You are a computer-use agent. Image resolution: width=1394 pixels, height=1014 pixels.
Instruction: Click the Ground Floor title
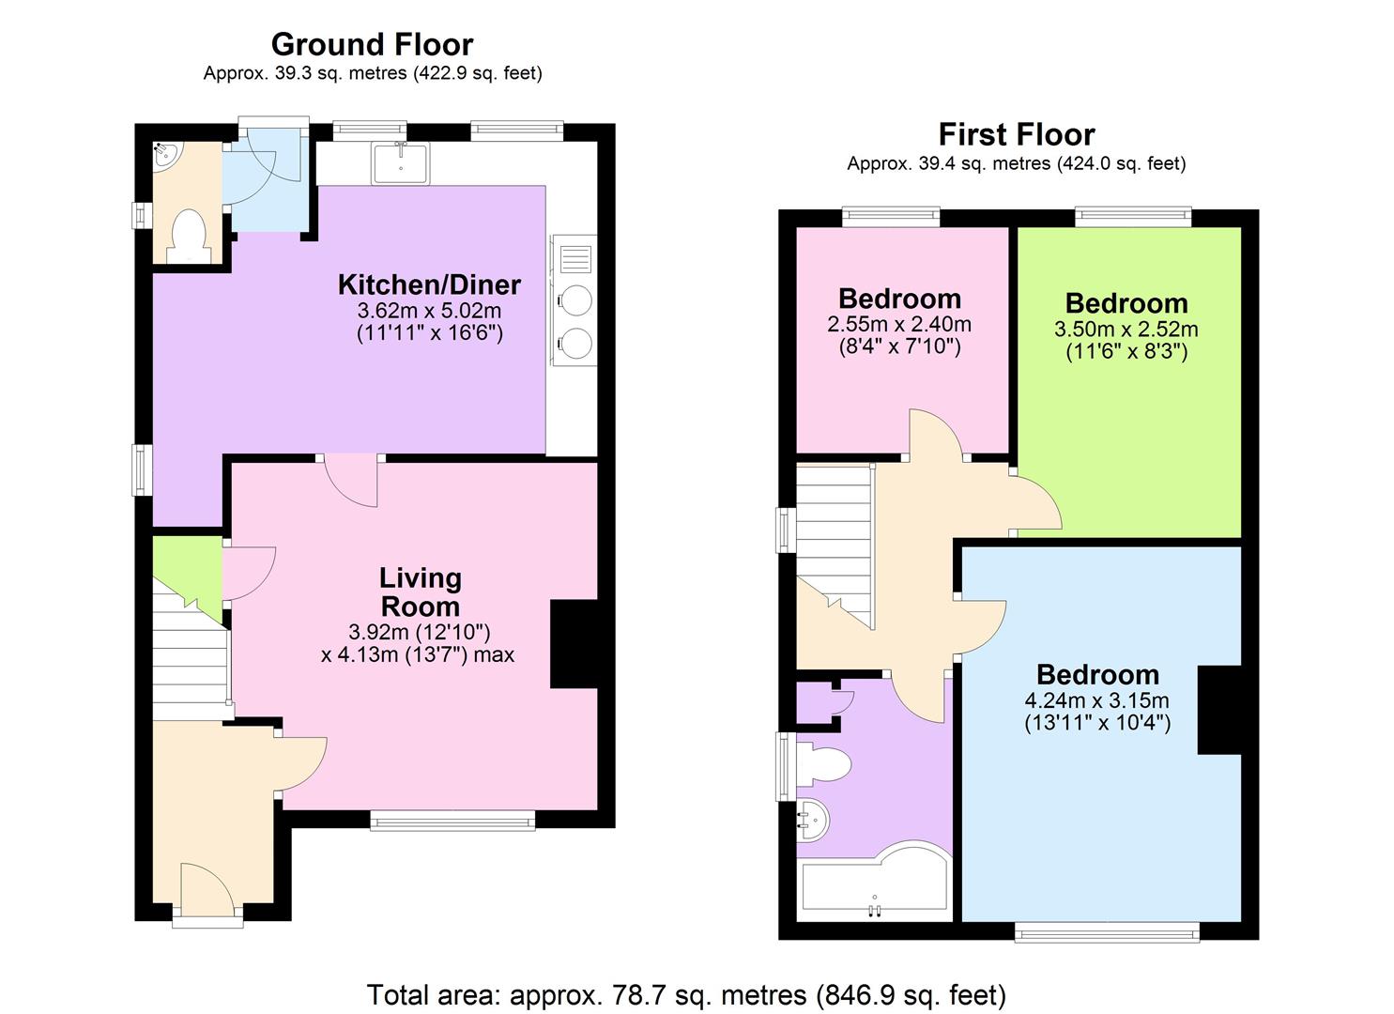(x=372, y=45)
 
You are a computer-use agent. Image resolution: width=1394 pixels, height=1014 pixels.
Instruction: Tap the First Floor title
(x=1017, y=135)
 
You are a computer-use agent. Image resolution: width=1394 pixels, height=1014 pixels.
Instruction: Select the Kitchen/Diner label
(x=429, y=284)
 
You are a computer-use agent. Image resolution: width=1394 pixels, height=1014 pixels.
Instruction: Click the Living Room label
(x=421, y=591)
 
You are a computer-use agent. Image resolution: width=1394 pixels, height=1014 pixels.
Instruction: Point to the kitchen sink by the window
(x=401, y=162)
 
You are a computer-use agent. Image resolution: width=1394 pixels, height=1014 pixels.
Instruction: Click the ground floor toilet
(x=189, y=236)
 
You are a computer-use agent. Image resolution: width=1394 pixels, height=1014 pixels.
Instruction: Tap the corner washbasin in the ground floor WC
(x=167, y=155)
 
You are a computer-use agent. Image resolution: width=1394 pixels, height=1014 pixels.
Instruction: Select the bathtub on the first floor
(x=874, y=881)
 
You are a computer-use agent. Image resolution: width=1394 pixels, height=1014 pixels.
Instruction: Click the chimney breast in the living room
(x=574, y=644)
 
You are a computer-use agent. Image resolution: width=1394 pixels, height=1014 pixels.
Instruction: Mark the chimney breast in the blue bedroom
(x=1219, y=710)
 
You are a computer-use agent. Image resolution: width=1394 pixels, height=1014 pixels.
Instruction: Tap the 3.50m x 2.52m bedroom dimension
(x=1126, y=329)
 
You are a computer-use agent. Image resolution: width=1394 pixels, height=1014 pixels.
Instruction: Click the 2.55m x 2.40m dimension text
(x=899, y=324)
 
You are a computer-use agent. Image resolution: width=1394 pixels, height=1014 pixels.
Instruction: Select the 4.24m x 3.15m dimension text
(x=1097, y=700)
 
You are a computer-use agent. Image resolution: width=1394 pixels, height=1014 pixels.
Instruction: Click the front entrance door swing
(x=207, y=890)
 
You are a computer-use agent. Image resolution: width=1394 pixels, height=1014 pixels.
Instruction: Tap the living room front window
(x=452, y=820)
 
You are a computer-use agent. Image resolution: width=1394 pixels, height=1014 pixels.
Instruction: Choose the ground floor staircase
(x=191, y=657)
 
